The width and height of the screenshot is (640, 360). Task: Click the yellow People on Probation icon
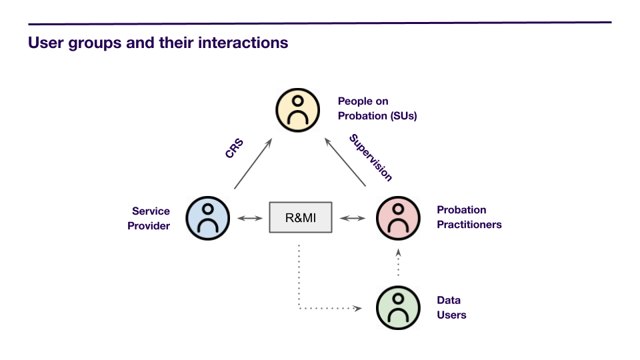tap(297, 110)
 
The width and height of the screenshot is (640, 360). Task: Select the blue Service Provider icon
tap(208, 218)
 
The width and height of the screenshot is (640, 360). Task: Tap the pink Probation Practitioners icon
tap(398, 218)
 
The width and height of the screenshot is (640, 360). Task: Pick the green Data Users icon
tap(398, 308)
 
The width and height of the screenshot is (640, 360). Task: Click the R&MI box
tap(301, 217)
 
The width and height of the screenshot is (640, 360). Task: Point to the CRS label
tap(234, 148)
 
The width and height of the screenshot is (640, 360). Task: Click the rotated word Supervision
tap(371, 157)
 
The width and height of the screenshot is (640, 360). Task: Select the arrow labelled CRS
tap(253, 164)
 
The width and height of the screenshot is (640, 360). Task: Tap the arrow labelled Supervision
tap(345, 162)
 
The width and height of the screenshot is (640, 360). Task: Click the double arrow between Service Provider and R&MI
tap(250, 219)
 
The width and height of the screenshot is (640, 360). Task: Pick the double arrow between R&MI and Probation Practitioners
tap(353, 219)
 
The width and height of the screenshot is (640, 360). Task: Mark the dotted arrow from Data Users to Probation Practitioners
tap(399, 262)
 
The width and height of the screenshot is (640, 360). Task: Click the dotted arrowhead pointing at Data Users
tap(357, 308)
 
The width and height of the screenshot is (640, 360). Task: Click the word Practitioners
tap(469, 225)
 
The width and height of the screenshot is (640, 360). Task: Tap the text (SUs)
tap(404, 116)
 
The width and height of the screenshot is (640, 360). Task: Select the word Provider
tap(149, 226)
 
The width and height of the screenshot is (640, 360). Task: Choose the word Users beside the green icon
tap(451, 315)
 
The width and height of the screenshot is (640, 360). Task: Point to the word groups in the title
tap(95, 43)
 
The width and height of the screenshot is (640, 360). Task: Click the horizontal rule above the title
tap(320, 23)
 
